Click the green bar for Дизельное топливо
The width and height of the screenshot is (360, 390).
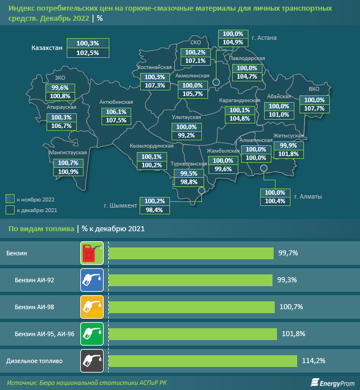pos(202,360)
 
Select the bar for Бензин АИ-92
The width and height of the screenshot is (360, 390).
pos(190,279)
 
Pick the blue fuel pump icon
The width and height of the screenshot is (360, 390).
pos(92,279)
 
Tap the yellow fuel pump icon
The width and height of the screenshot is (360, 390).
pos(92,306)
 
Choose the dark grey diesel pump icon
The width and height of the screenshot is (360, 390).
pos(92,360)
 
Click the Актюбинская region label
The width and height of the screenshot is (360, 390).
pos(116,102)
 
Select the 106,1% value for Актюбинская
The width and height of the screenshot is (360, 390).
pos(116,112)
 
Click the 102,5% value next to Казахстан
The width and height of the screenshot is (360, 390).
pos(87,53)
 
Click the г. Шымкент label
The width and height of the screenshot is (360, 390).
pos(121,205)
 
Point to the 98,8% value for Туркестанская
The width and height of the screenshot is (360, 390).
pos(188,182)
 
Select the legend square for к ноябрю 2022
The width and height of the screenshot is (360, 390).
pos(10,199)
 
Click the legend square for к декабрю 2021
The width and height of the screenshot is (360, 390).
pos(10,210)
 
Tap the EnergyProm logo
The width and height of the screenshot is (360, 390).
pos(333,382)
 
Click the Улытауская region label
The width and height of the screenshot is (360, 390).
pos(186,117)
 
